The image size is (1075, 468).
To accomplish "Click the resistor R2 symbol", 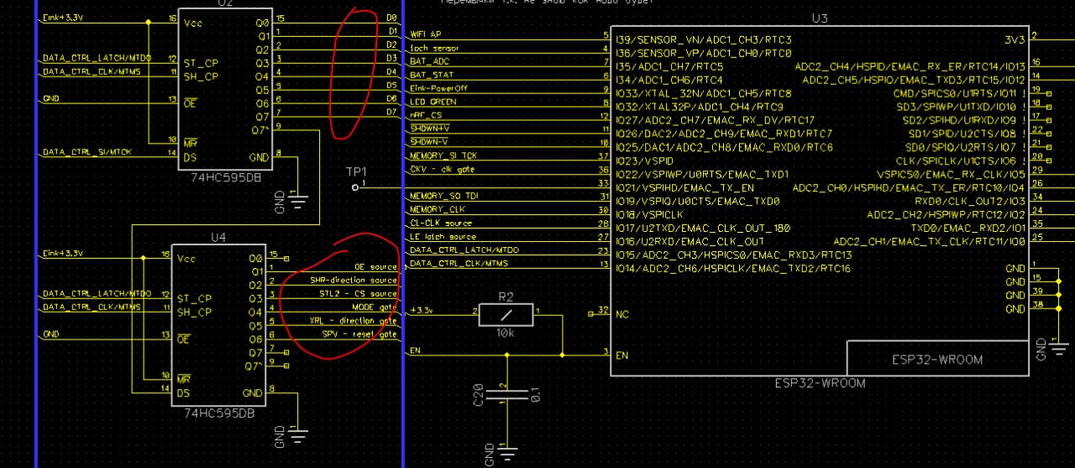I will [x=506, y=313].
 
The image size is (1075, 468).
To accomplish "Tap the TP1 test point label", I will [x=356, y=171].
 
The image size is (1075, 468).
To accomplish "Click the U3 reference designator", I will [x=820, y=18].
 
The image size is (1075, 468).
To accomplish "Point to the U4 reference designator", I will [x=218, y=237].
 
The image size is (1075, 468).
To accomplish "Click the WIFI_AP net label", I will [x=425, y=35].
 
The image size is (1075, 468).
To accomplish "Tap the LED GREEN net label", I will [x=433, y=102].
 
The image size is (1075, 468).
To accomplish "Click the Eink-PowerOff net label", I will [x=438, y=88].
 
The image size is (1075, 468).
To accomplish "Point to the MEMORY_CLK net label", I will [x=437, y=209].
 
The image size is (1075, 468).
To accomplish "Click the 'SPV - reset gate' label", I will [x=359, y=334].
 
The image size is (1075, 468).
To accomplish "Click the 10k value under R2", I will [x=506, y=333].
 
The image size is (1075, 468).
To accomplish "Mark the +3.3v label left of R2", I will [x=421, y=311].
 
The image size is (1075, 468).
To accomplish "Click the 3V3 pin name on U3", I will [x=1015, y=39].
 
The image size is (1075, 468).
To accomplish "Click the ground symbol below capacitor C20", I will [x=506, y=455].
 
